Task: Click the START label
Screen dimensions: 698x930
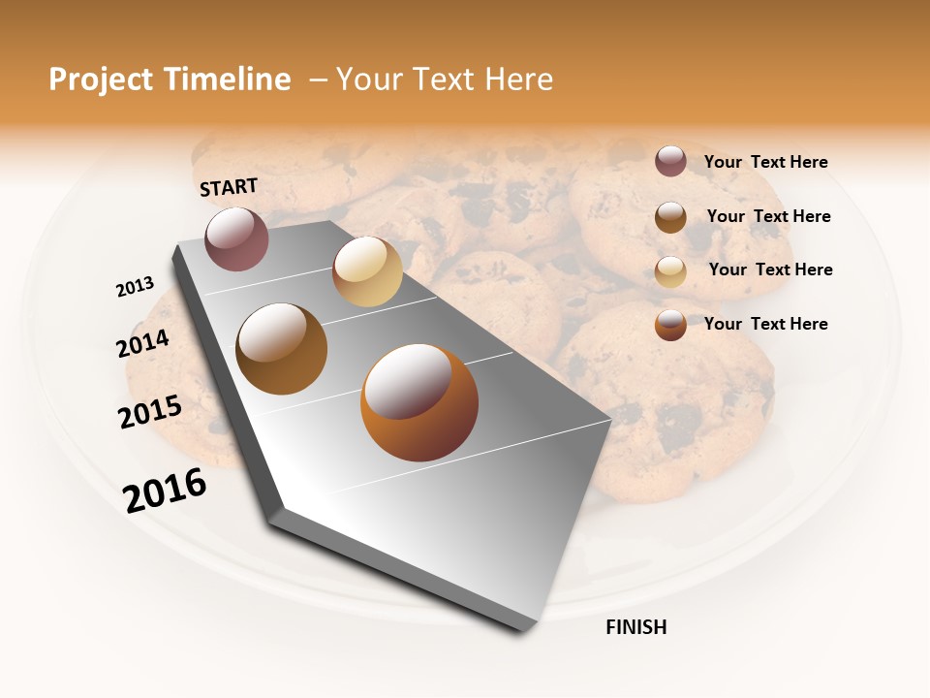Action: pos(229,187)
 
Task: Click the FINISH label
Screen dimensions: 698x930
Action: pos(635,627)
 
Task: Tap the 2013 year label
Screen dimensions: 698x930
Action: pos(135,287)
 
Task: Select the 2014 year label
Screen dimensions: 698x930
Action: pos(143,344)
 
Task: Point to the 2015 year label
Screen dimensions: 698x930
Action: pos(150,412)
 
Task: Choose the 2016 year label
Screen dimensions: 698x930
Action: pos(165,491)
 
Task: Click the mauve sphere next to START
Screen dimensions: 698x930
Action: pos(236,238)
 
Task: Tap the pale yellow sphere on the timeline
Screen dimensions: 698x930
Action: pos(367,271)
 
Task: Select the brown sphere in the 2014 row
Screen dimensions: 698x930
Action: pos(282,349)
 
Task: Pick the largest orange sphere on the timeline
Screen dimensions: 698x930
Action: pos(419,402)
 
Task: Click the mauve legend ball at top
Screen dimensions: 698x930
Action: pos(670,162)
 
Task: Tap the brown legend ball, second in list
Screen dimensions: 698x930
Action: pos(670,216)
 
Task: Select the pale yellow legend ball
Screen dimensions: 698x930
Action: pos(670,270)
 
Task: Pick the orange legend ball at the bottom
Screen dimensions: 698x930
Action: pos(670,325)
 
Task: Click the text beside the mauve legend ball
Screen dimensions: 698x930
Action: pos(765,163)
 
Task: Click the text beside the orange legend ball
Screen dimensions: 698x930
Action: pos(765,324)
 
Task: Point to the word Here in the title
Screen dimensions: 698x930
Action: pos(518,79)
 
